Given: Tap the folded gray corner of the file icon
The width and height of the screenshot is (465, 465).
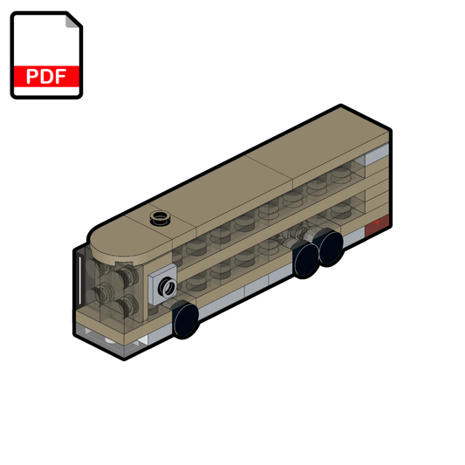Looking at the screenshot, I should [x=72, y=24].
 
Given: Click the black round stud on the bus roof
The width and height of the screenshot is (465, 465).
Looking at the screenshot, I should [x=159, y=218].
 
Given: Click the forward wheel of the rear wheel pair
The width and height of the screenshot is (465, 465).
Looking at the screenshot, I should [x=305, y=257].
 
